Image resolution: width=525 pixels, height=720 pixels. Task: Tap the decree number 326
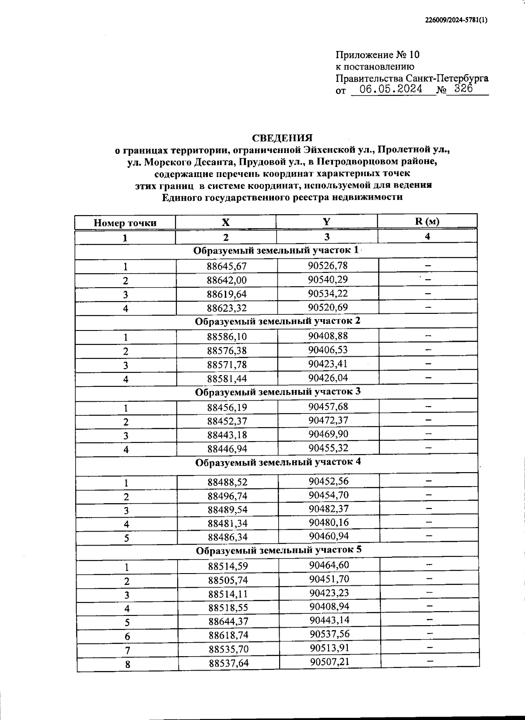point(464,89)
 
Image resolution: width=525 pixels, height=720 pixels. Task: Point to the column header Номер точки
point(125,223)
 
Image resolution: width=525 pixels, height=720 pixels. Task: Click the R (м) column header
point(427,221)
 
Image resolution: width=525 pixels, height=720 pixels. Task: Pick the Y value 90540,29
point(328,279)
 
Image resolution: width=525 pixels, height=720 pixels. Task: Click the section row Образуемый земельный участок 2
point(277,321)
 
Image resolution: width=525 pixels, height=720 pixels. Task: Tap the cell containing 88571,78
point(227,365)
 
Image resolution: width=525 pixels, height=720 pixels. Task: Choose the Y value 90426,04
point(328,377)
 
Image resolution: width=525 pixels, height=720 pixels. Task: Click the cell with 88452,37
point(227,422)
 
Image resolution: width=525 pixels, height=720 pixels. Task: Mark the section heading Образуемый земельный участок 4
point(278,462)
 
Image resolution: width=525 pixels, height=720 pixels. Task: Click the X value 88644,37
point(228,621)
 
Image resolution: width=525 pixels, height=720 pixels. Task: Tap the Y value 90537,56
point(329,634)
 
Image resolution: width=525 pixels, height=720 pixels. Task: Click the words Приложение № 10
point(377,55)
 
